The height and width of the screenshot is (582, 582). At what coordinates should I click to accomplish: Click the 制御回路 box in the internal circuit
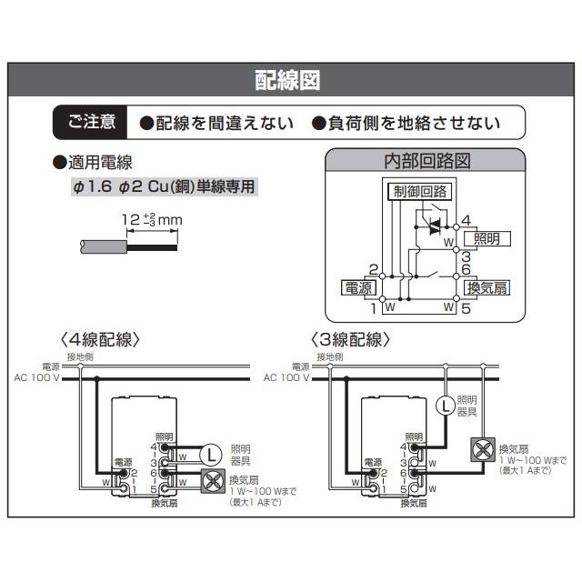point(418,191)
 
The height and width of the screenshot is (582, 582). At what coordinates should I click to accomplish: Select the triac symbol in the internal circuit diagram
point(434,223)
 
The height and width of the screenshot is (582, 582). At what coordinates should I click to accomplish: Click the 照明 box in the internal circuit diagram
point(487,238)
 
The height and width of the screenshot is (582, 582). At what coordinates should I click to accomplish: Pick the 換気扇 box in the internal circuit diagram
point(487,287)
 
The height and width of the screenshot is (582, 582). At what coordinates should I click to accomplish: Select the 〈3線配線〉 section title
point(350,339)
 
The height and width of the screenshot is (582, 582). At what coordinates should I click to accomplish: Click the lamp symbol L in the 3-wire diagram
point(445,406)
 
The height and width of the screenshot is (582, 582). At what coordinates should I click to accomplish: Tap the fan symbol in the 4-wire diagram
point(215,482)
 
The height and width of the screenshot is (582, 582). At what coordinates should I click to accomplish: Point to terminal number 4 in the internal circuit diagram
point(466,221)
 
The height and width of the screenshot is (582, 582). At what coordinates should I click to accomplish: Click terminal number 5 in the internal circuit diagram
point(465,308)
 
